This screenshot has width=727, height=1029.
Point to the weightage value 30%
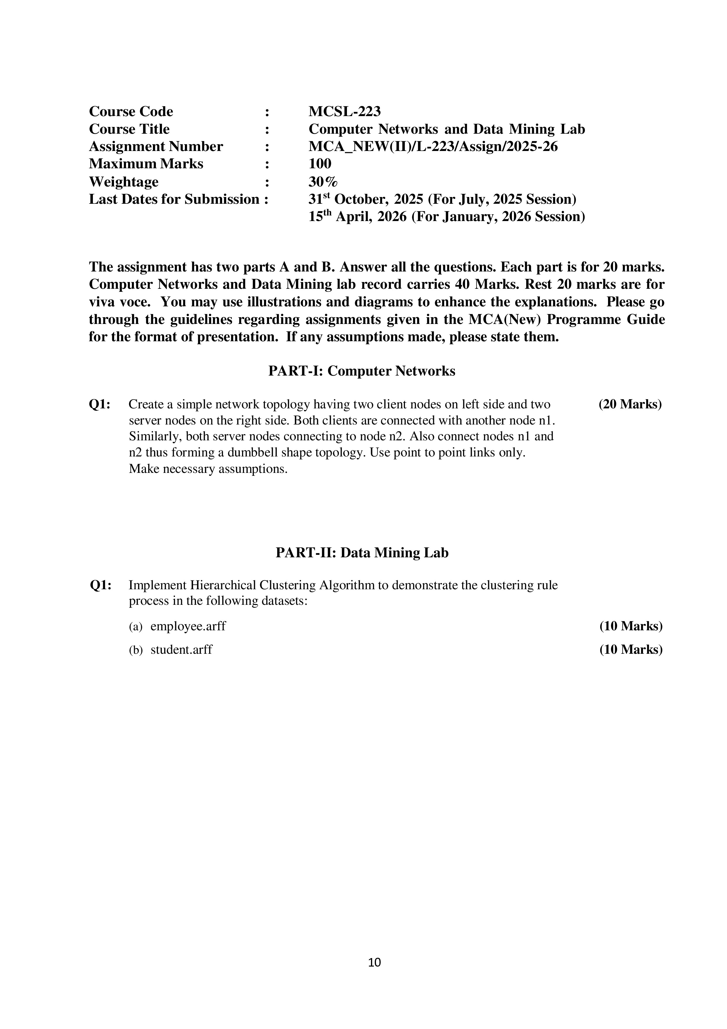point(323,181)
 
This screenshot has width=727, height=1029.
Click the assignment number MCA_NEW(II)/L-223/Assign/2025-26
point(433,147)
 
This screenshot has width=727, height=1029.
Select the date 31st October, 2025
point(365,199)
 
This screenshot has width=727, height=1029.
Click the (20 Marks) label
point(630,404)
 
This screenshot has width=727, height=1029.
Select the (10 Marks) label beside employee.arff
point(631,626)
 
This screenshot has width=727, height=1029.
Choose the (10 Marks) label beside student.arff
point(631,649)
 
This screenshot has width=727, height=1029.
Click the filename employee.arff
point(188,626)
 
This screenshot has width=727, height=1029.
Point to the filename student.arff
point(181,649)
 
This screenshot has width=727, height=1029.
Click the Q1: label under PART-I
point(100,404)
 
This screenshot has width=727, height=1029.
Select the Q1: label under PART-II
point(100,585)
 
